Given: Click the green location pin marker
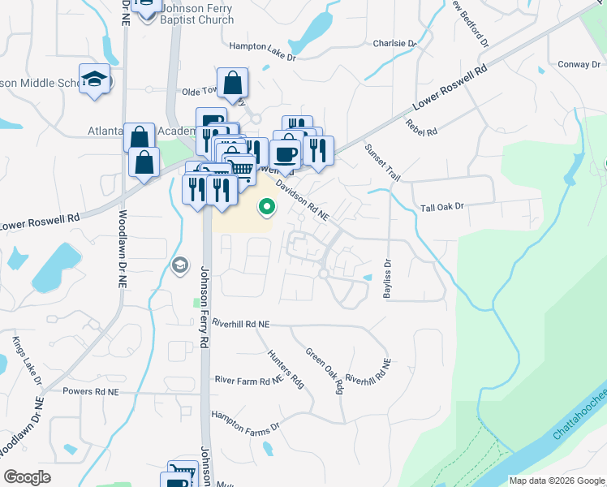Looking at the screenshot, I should click(x=266, y=208).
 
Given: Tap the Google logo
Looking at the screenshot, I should click(x=28, y=477).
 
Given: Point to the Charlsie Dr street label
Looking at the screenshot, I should click(x=394, y=43).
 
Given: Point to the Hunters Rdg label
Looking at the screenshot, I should click(x=286, y=368).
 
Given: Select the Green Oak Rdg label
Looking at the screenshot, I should click(x=325, y=371).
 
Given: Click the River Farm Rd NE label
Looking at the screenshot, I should click(x=248, y=379).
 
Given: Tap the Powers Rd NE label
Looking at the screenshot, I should click(x=91, y=391).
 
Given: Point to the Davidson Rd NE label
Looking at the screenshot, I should click(x=302, y=200).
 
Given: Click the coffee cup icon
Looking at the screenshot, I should click(x=285, y=153).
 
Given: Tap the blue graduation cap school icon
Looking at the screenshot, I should click(x=95, y=80).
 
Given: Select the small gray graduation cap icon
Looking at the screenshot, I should click(x=179, y=265).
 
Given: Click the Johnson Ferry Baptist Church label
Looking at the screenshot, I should click(x=196, y=15).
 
